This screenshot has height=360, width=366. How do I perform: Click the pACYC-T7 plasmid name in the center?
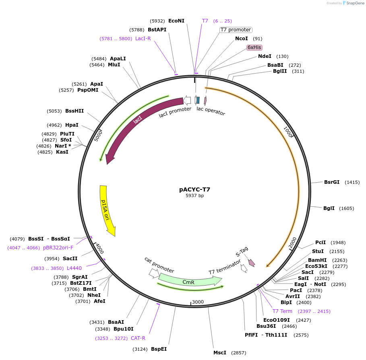point(194,189)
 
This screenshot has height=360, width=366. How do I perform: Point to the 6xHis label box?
point(254,47)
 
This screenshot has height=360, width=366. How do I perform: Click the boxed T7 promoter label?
point(236,30)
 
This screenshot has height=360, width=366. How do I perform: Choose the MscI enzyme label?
point(220,353)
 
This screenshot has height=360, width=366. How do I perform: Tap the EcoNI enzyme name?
point(176,21)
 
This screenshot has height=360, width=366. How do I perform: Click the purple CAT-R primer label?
point(138,338)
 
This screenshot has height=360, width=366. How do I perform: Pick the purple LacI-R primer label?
point(143,39)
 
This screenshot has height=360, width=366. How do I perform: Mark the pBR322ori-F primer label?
point(58,248)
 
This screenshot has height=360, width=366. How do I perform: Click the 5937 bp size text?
point(194,196)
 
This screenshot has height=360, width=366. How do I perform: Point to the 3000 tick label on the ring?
point(198,302)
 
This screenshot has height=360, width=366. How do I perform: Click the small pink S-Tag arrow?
point(252,263)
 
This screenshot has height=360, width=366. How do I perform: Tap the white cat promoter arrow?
point(154,273)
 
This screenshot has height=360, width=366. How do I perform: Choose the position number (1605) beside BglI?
point(346,208)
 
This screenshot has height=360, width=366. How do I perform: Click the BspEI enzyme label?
point(159,349)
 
